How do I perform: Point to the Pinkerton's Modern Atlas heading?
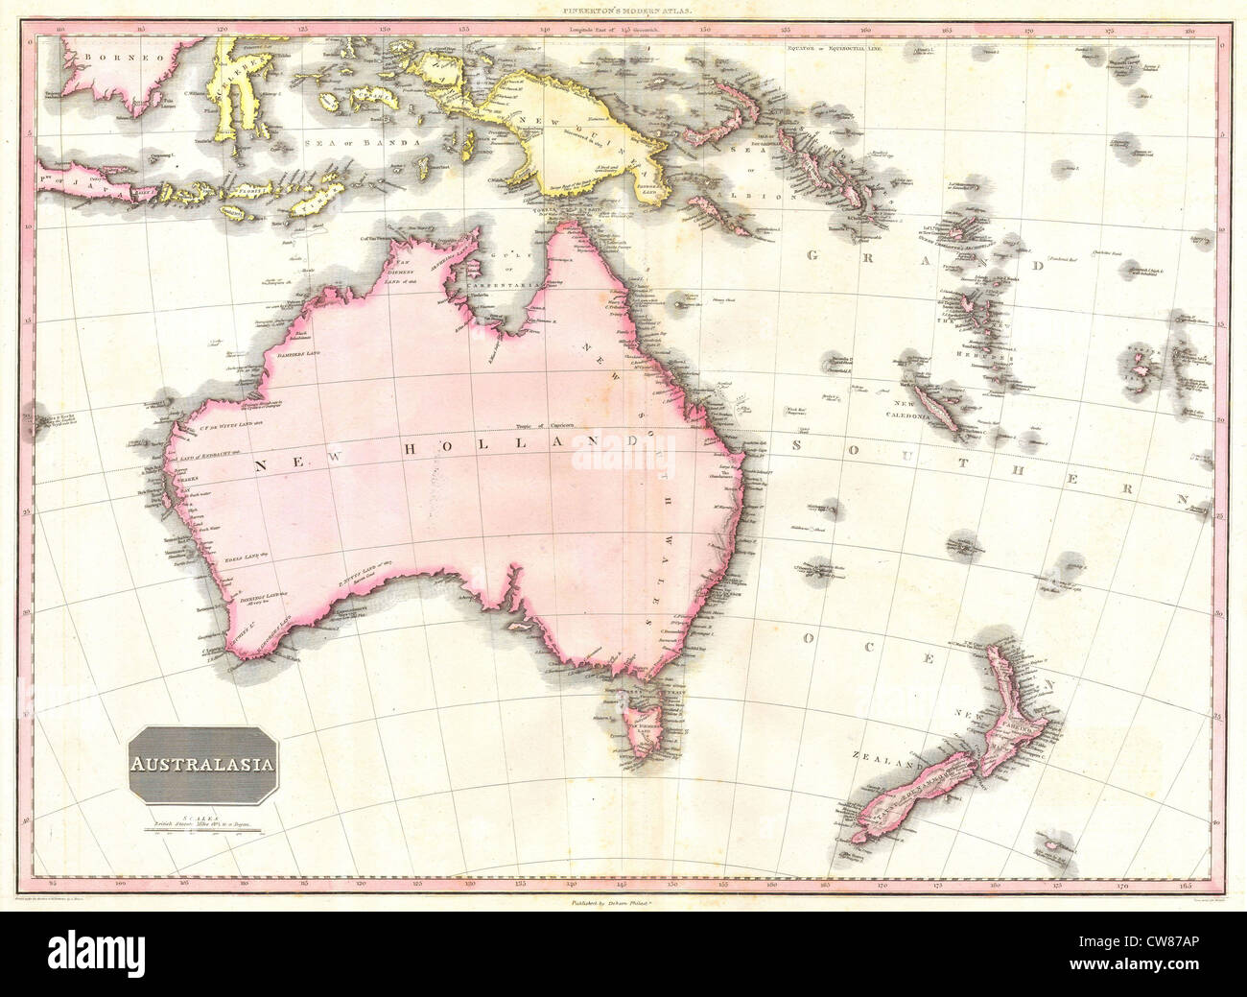click(x=622, y=14)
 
